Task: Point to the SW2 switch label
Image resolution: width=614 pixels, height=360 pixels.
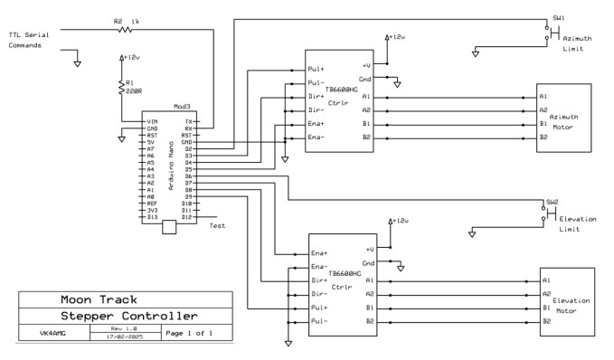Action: [x=552, y=202]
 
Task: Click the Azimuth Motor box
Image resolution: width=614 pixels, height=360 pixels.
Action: [x=563, y=117]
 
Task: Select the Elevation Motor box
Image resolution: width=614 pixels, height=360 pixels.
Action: [x=568, y=302]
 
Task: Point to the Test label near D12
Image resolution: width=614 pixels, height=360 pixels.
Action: [x=217, y=226]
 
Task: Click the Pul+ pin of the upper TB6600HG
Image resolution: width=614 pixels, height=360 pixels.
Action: [x=316, y=68]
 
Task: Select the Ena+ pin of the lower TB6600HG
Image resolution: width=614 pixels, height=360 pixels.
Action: [x=318, y=252]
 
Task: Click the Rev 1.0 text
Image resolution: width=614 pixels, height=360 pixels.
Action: [x=123, y=328]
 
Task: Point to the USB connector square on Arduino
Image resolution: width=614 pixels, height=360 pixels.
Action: [x=168, y=230]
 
